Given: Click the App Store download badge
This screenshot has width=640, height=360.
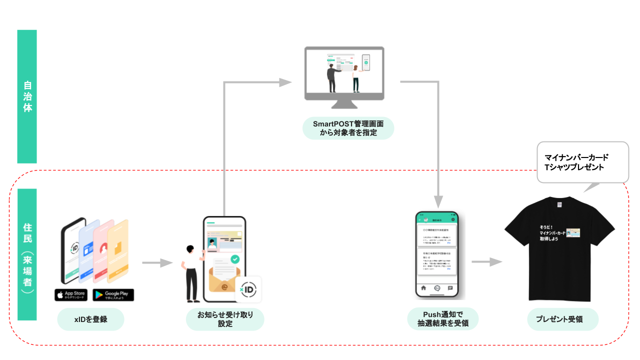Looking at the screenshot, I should [x=71, y=294].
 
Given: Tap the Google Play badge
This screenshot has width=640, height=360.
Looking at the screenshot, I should [x=113, y=294].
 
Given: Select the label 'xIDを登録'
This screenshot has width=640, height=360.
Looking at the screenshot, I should [x=90, y=319].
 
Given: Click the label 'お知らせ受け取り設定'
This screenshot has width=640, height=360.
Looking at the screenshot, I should [x=225, y=319].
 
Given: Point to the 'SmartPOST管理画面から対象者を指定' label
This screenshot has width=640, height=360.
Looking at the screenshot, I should [x=348, y=128].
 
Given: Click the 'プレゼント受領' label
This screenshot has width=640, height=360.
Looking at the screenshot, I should [x=562, y=319].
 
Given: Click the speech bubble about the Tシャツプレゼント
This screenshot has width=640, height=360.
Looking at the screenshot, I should [x=582, y=162].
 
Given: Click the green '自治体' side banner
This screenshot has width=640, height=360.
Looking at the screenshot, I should [x=27, y=96].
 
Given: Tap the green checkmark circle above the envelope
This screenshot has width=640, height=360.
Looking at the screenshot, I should [x=234, y=259].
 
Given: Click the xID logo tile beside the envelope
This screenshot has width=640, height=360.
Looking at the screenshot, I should [x=248, y=289].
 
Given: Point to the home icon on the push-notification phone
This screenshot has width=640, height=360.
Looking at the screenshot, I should [x=424, y=288].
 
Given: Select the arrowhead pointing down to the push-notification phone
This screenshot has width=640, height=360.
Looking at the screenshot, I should [x=438, y=201].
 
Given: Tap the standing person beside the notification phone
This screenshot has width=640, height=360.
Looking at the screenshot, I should [x=191, y=272].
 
